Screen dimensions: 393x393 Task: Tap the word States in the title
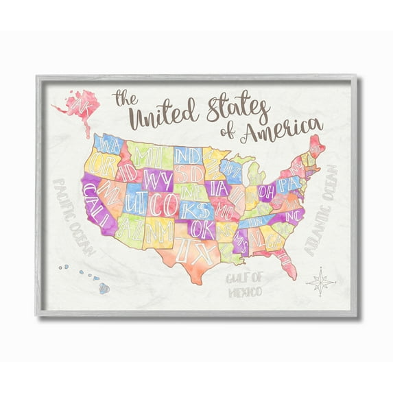[x=230, y=110]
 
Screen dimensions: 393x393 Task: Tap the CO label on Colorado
[x=164, y=204]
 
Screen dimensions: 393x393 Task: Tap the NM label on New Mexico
[x=159, y=231]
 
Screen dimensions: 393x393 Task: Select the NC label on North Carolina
[x=293, y=215]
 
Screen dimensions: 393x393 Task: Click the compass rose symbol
[x=320, y=281]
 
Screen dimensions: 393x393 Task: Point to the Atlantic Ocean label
[x=320, y=210]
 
